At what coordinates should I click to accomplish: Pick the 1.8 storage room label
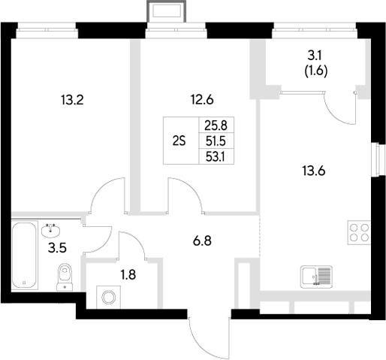[x=109, y=274]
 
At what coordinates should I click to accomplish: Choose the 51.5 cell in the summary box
[x=213, y=141]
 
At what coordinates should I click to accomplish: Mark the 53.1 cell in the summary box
[x=213, y=156]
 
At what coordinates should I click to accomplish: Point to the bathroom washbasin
[x=52, y=226]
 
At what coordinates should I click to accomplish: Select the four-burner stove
[x=359, y=234]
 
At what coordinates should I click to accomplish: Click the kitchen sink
[x=315, y=277]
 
